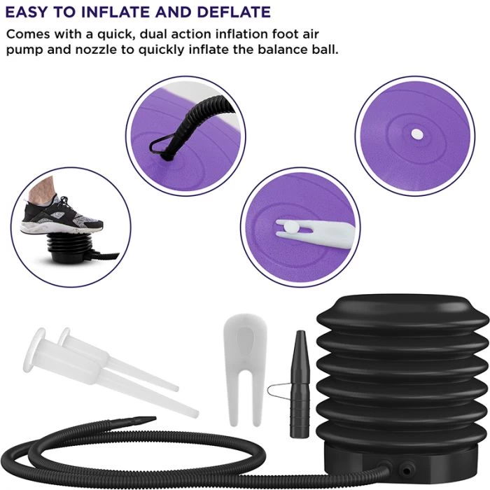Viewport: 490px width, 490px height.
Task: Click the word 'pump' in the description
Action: (x=27, y=50)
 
